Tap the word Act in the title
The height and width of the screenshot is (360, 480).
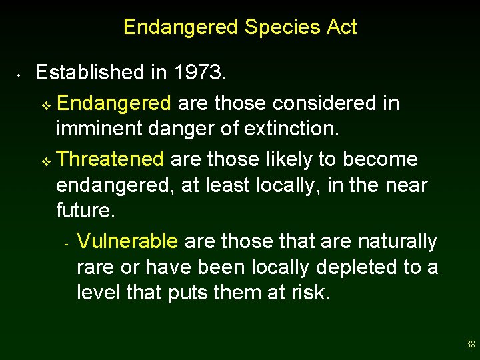[x=341, y=27]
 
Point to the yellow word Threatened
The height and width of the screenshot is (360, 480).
[x=110, y=159]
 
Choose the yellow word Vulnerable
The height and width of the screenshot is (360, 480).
[x=127, y=241]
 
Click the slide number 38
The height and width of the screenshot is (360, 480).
[x=471, y=345]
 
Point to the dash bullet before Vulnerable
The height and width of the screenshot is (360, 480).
[x=67, y=243]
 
